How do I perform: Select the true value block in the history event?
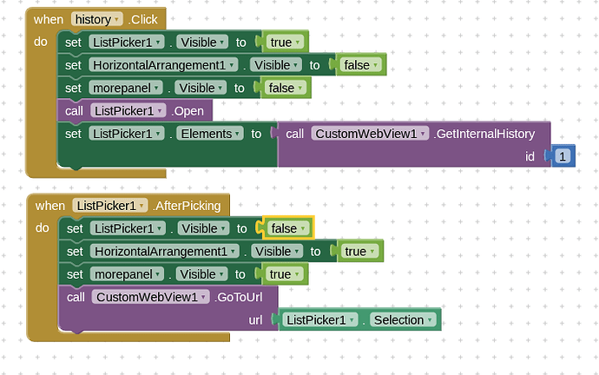tap(285, 42)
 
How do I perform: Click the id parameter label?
tap(530, 156)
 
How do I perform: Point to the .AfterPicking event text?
tap(188, 206)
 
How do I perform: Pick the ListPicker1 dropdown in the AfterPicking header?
tap(110, 206)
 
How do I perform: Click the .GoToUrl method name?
tap(247, 297)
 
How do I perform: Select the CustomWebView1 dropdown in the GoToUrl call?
tap(153, 297)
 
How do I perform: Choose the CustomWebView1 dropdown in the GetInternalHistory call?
tap(371, 134)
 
